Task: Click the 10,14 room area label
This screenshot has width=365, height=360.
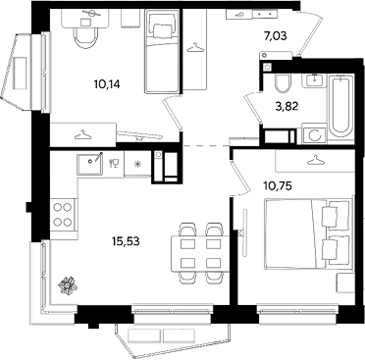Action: click(107, 84)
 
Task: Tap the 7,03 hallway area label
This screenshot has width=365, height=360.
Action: click(276, 35)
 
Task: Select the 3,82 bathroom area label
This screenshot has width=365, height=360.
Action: click(287, 106)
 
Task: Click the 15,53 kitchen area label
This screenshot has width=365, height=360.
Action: click(126, 241)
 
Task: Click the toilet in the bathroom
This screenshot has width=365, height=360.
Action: click(283, 83)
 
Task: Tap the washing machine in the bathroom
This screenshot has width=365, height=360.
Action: click(315, 134)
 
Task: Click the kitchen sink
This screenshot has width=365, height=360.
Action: click(89, 165)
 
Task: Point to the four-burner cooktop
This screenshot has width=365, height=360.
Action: click(63, 214)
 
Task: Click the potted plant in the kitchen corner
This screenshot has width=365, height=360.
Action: click(68, 285)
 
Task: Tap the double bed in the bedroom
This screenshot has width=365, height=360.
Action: click(308, 233)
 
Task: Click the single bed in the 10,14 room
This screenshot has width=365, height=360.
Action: click(162, 51)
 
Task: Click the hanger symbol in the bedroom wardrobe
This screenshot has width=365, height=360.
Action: click(315, 160)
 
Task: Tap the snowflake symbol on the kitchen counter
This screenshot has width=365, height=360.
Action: click(137, 164)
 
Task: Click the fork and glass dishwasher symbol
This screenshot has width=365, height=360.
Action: click(114, 163)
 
